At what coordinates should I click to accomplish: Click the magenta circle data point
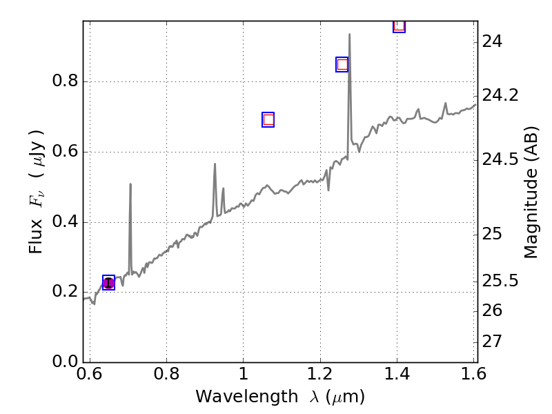coord(108,283)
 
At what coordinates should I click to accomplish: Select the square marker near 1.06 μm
coord(268,119)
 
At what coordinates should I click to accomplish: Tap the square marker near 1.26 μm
coord(342,64)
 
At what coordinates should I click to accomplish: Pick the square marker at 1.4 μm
coord(399,25)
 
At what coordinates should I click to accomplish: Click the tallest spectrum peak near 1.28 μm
coord(349,34)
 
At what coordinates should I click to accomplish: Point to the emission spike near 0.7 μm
coord(130,184)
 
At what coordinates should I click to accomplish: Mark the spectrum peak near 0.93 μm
coord(215,164)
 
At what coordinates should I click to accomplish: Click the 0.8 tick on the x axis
coord(166,373)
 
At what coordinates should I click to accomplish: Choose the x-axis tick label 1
coord(243,373)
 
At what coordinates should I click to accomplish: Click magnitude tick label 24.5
coord(502,159)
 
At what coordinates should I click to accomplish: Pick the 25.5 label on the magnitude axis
coord(502,282)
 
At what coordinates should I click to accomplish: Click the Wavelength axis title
coord(279,397)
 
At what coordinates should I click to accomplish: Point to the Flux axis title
coord(36,191)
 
